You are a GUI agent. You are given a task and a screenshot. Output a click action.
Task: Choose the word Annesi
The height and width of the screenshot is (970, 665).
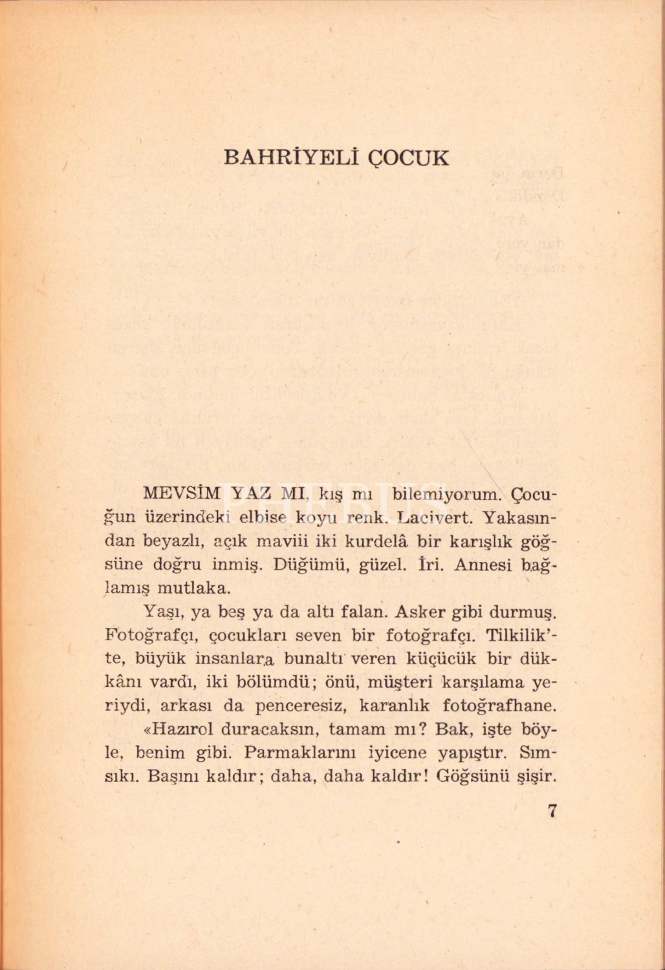point(482,564)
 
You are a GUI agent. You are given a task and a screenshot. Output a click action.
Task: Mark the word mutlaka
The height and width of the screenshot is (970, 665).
point(193,588)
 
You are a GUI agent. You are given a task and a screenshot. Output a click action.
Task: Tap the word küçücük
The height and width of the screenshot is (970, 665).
point(441,658)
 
